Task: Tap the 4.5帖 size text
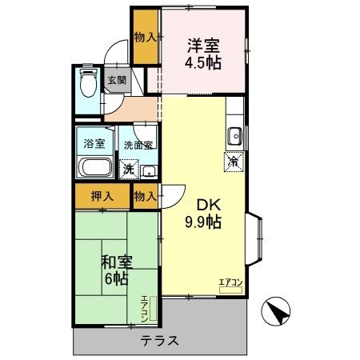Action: pos(206,63)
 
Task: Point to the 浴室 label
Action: pos(94,145)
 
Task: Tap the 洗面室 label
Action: pos(139,146)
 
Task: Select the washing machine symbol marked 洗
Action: pos(126,169)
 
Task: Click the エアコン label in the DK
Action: pos(230,281)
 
